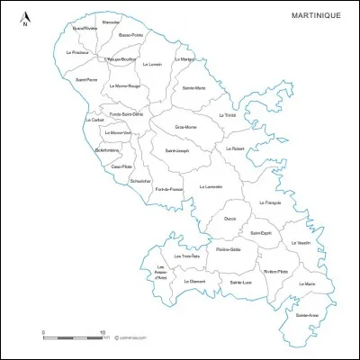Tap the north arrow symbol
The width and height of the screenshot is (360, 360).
(26, 19)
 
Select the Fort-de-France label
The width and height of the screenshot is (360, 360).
(169, 189)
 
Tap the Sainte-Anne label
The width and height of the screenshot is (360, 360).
(306, 315)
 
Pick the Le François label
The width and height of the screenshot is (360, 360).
(270, 202)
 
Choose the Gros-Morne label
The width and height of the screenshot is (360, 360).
(186, 127)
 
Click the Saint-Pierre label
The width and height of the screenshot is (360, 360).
(86, 81)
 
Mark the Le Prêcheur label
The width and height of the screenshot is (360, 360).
(77, 52)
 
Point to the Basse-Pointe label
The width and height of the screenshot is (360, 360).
(130, 35)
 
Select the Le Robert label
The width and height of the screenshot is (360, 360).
(235, 148)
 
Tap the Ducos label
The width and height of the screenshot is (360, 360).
(230, 218)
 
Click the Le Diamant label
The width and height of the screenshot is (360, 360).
(195, 282)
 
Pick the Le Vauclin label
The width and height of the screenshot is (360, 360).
(301, 243)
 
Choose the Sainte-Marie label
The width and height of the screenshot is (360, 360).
(193, 88)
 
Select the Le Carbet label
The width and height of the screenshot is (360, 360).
(94, 120)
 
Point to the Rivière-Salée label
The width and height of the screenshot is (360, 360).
(229, 249)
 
